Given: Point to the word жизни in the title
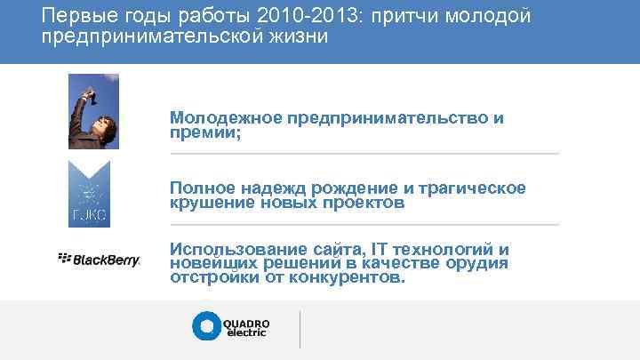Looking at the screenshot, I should coord(300,38).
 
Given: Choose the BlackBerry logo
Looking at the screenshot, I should coord(100,260).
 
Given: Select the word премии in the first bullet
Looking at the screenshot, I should coord(203,132).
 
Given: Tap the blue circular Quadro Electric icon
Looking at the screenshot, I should coord(206,326).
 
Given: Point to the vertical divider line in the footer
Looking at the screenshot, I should coord(300,329).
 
